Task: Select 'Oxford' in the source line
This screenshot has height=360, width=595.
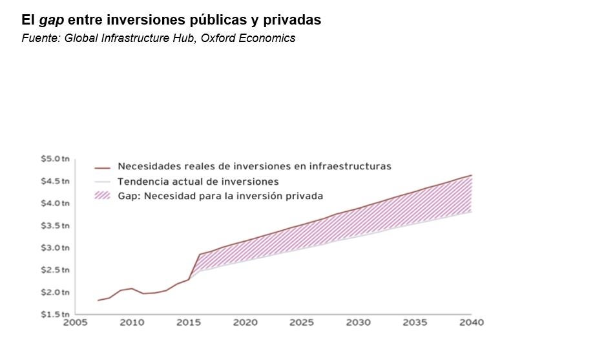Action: pos(218,38)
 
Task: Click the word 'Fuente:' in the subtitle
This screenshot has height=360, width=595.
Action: pos(41,38)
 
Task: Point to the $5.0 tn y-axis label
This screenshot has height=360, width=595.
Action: pos(55,159)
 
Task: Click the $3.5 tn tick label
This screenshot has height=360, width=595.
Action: pos(55,226)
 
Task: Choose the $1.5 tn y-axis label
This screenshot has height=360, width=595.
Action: pos(55,315)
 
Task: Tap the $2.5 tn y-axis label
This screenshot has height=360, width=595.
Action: pos(55,270)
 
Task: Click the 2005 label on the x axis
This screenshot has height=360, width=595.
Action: pos(75,323)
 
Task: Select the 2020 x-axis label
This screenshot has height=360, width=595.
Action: pos(245,323)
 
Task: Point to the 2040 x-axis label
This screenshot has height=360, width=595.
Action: pos(471,323)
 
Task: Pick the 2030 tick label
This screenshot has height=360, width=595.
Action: pos(358,323)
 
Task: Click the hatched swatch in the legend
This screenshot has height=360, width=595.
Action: pos(103,196)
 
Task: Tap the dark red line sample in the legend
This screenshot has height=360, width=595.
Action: pos(103,167)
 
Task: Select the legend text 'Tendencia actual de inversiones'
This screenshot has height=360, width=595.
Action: pos(198,182)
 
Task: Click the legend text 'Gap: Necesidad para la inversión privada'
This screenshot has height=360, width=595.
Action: pos(220,196)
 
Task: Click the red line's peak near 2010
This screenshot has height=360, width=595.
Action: pos(132,288)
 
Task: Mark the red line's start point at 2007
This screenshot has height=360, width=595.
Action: pos(98,301)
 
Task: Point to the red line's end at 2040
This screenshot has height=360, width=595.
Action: pos(472,175)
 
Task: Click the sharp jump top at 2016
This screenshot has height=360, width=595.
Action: pos(200,254)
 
